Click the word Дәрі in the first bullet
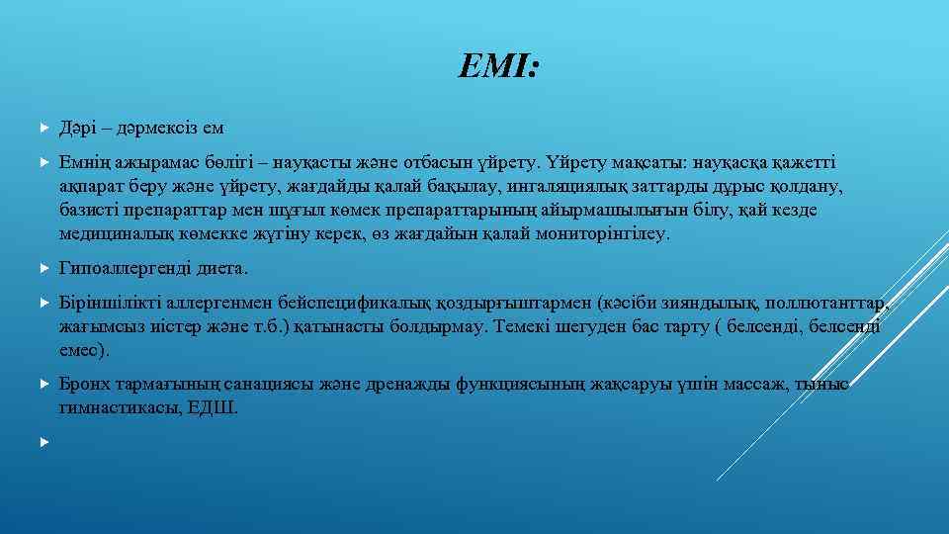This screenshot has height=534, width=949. pyautogui.click(x=77, y=128)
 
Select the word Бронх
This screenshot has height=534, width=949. pyautogui.click(x=84, y=384)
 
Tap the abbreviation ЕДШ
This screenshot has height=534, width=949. pyautogui.click(x=218, y=408)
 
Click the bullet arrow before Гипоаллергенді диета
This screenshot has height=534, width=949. pyautogui.click(x=43, y=268)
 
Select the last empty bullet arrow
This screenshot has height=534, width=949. pyautogui.click(x=43, y=441)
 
